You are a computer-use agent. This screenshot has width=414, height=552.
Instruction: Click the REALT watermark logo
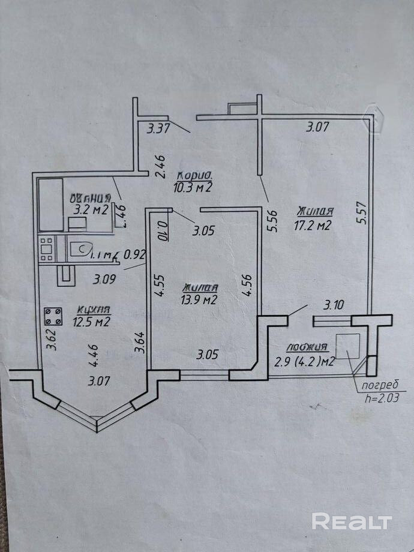[352, 521]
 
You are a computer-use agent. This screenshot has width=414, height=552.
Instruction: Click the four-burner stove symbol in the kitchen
[53, 316]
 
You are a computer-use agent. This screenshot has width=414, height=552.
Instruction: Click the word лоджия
[307, 347]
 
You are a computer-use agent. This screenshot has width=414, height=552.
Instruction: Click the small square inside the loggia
[347, 346]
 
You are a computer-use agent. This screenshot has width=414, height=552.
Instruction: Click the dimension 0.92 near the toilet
[135, 254]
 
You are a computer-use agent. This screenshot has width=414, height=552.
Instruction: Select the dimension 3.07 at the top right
[319, 127]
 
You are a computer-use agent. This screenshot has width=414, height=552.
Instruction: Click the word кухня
[94, 310]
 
